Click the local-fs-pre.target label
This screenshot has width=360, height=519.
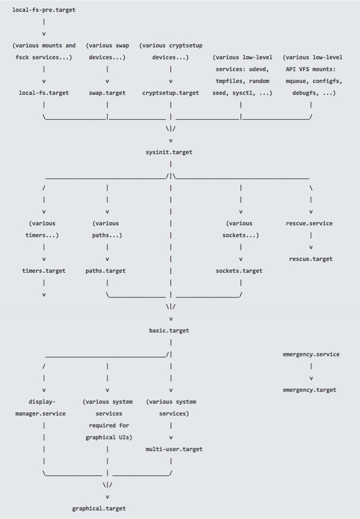click(x=44, y=10)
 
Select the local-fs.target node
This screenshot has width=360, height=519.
click(x=44, y=93)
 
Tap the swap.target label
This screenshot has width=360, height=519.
click(x=107, y=93)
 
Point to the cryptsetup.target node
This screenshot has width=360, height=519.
click(x=171, y=93)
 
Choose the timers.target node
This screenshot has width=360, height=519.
click(x=44, y=271)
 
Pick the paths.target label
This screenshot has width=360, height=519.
click(x=105, y=271)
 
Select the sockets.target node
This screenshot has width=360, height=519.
click(x=239, y=271)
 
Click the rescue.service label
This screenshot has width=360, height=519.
click(x=309, y=223)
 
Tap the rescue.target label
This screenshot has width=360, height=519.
click(x=311, y=259)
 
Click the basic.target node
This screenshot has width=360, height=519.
click(x=169, y=331)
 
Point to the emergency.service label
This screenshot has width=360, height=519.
click(x=311, y=354)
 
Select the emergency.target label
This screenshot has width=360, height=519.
click(x=309, y=390)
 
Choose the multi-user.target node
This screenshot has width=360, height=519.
click(x=174, y=449)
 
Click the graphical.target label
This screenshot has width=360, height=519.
click(x=99, y=509)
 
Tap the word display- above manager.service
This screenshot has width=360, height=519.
click(x=42, y=402)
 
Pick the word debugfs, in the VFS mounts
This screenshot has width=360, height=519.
click(x=304, y=93)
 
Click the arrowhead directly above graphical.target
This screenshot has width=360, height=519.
click(x=107, y=497)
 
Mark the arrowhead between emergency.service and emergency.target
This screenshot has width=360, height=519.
click(x=311, y=378)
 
